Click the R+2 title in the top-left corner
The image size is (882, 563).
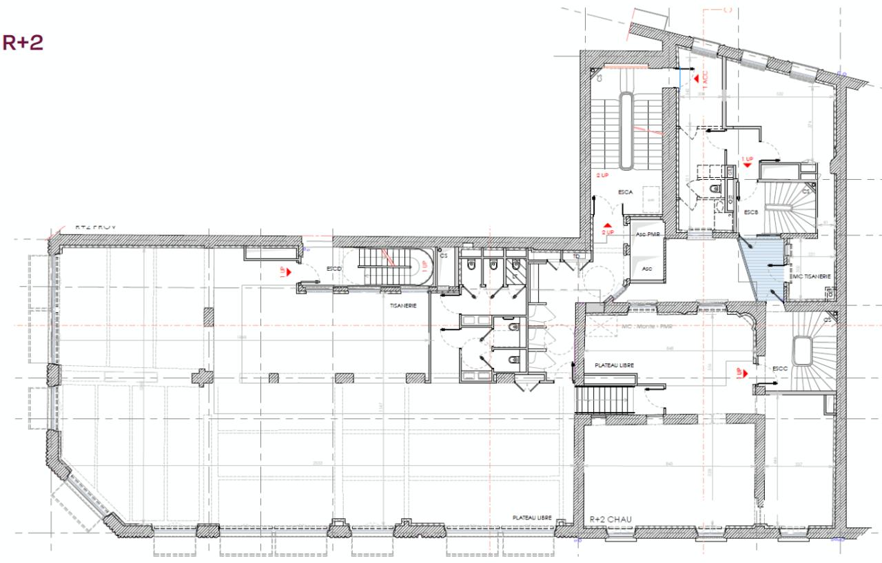pyautogui.click(x=24, y=43)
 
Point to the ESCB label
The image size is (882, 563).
pyautogui.click(x=750, y=212)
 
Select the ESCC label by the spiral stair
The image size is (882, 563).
pyautogui.click(x=780, y=368)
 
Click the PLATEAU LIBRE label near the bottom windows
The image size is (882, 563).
pyautogui.click(x=531, y=517)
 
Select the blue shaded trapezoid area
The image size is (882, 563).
pyautogui.click(x=761, y=265)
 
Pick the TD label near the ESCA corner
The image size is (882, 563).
pyautogui.click(x=566, y=256)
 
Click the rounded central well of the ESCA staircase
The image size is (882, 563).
pyautogui.click(x=626, y=131)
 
